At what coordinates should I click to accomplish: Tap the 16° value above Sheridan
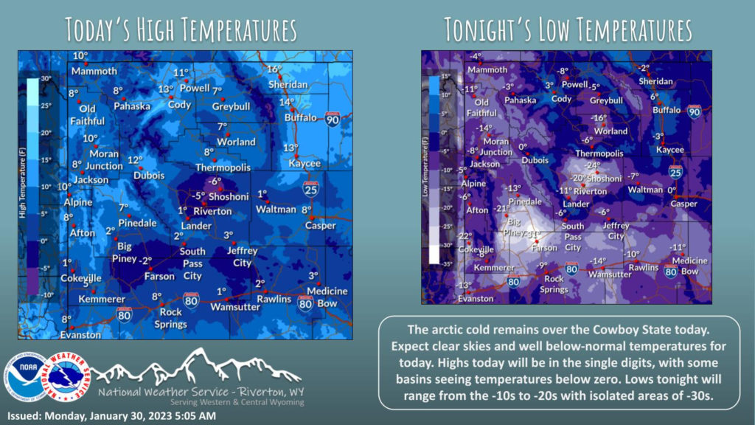pos(274,69)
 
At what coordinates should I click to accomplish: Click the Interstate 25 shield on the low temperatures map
pos(675,173)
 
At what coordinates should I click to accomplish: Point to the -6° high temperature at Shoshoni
pos(215,181)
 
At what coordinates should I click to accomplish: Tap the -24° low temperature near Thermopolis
pos(593,165)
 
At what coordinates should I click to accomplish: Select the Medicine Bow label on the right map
pos(689,266)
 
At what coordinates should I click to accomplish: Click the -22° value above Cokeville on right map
pos(465,236)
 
